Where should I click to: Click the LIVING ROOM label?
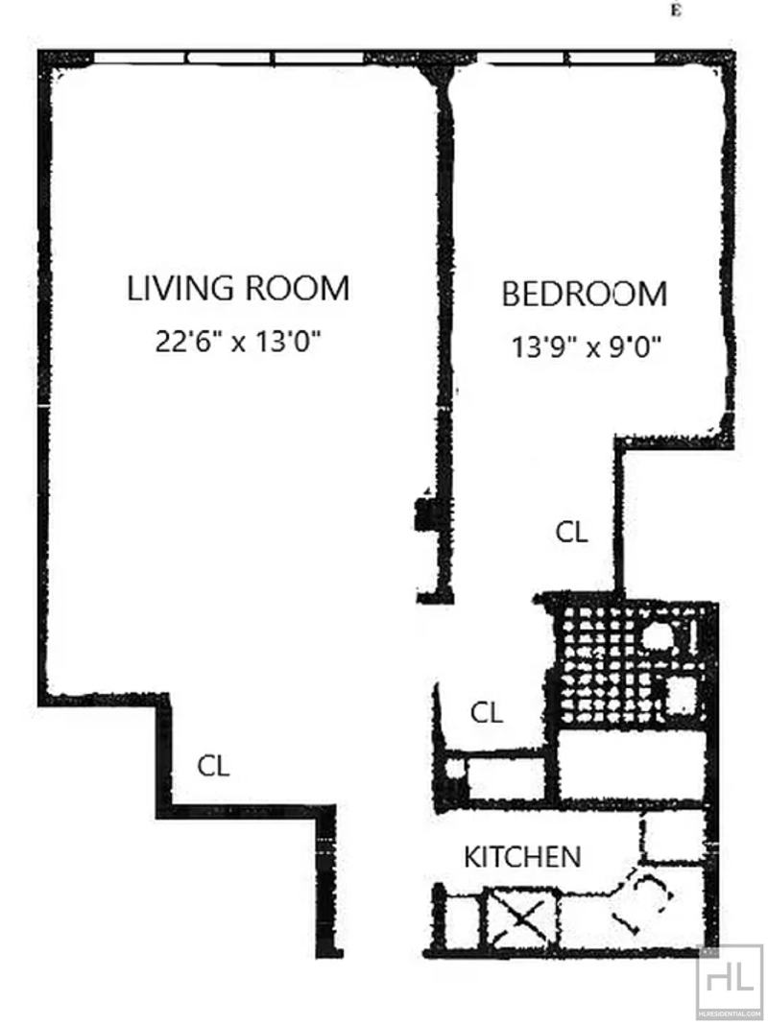click(x=238, y=288)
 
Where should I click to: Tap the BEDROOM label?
click(x=585, y=295)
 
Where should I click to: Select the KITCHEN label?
click(x=522, y=857)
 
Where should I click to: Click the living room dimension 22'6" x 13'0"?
click(x=238, y=342)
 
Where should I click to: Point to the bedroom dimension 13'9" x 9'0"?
click(x=586, y=346)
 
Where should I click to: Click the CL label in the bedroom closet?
click(x=571, y=532)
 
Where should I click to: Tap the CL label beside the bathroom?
click(x=487, y=712)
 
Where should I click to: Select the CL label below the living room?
click(x=214, y=766)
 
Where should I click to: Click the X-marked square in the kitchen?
click(x=521, y=918)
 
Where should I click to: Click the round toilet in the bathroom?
click(x=656, y=636)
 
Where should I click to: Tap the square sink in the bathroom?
click(x=681, y=696)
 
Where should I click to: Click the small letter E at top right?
click(x=675, y=12)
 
